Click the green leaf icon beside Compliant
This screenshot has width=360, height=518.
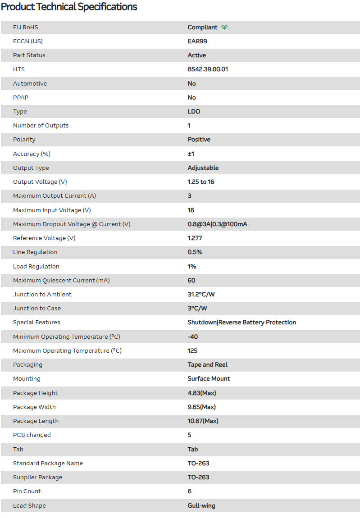pyautogui.click(x=224, y=27)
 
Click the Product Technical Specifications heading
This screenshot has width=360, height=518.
pyautogui.click(x=69, y=7)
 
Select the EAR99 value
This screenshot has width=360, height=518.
pyautogui.click(x=197, y=41)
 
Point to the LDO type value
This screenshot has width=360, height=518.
pyautogui.click(x=194, y=112)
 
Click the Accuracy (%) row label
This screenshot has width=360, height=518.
pyautogui.click(x=32, y=154)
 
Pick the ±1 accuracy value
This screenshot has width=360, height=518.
pyautogui.click(x=191, y=154)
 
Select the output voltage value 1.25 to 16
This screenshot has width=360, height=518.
pyautogui.click(x=201, y=182)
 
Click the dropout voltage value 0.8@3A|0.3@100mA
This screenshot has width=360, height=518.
pyautogui.click(x=217, y=224)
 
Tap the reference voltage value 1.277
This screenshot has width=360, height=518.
pyautogui.click(x=195, y=238)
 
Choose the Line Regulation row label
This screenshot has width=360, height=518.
pyautogui.click(x=35, y=252)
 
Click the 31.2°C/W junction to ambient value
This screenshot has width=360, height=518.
pyautogui.click(x=201, y=295)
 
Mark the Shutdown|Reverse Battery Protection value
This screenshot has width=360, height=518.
pyautogui.click(x=242, y=323)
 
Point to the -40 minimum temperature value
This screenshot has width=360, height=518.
pyautogui.click(x=193, y=337)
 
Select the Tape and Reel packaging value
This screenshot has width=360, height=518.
pyautogui.click(x=208, y=365)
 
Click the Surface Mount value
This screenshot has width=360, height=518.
pyautogui.click(x=209, y=379)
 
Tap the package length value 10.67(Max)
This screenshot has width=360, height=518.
pyautogui.click(x=203, y=421)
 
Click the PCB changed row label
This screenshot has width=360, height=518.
pyautogui.click(x=32, y=435)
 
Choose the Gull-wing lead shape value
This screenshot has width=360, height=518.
pyautogui.click(x=201, y=506)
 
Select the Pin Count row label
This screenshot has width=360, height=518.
pyautogui.click(x=27, y=491)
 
